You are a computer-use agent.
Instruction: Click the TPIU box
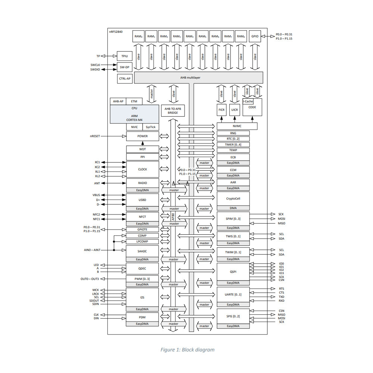pyautogui.click(x=125, y=56)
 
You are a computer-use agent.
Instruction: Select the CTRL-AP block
pyautogui.click(x=125, y=79)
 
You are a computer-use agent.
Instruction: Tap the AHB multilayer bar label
pyautogui.click(x=191, y=78)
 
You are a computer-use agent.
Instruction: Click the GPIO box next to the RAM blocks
pyautogui.click(x=255, y=36)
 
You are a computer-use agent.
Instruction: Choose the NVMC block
pyautogui.click(x=237, y=126)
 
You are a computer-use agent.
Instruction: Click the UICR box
pyautogui.click(x=235, y=110)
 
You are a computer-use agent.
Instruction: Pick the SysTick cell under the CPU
pyautogui.click(x=151, y=127)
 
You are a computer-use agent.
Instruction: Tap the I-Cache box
pyautogui.click(x=248, y=101)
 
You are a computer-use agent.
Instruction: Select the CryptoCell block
pyautogui.click(x=233, y=198)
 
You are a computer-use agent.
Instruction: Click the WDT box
pyautogui.click(x=142, y=149)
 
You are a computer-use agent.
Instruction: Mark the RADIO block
pyautogui.click(x=142, y=183)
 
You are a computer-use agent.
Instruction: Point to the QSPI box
pyautogui.click(x=233, y=272)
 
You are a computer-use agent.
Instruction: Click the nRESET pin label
pyautogui.click(x=95, y=136)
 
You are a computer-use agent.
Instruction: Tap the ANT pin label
pyautogui.click(x=97, y=183)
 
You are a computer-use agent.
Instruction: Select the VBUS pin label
pyautogui.click(x=96, y=195)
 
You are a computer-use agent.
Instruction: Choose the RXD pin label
pyautogui.click(x=282, y=301)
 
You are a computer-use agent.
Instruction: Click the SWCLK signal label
pyautogui.click(x=95, y=65)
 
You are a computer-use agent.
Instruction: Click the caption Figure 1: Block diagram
pyautogui.click(x=188, y=350)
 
